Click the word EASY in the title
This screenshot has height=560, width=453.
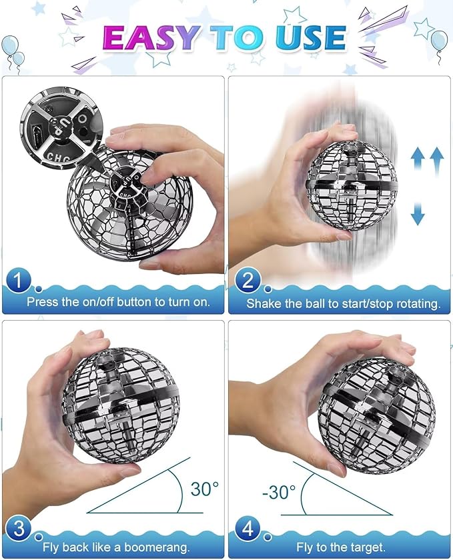tap(151, 37)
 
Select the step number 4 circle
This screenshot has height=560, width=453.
tap(248, 528)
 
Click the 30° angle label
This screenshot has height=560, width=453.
tap(204, 489)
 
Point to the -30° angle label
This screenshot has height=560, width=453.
tap(279, 492)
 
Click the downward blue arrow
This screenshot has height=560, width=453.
tap(418, 213)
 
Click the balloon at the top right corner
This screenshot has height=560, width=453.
tap(440, 43)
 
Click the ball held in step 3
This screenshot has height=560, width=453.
tap(121, 405)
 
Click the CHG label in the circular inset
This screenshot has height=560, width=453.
tap(59, 157)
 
